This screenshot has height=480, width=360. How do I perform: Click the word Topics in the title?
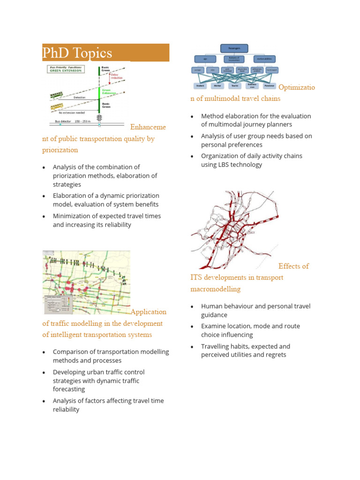[91, 53]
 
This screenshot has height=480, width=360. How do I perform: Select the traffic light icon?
[99, 118]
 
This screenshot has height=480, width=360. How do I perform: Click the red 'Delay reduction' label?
[114, 76]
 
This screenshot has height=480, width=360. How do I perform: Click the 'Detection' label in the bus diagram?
[80, 97]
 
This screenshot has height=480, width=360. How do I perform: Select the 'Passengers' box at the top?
[234, 48]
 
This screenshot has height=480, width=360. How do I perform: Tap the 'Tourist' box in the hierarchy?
[234, 86]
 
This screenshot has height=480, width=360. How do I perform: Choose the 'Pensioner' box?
[269, 86]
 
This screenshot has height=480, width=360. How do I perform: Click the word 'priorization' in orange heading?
[60, 150]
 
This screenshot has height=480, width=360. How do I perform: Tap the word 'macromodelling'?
[215, 289]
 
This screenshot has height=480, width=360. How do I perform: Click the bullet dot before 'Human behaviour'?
[192, 307]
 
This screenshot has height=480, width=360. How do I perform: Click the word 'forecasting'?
[69, 389]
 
